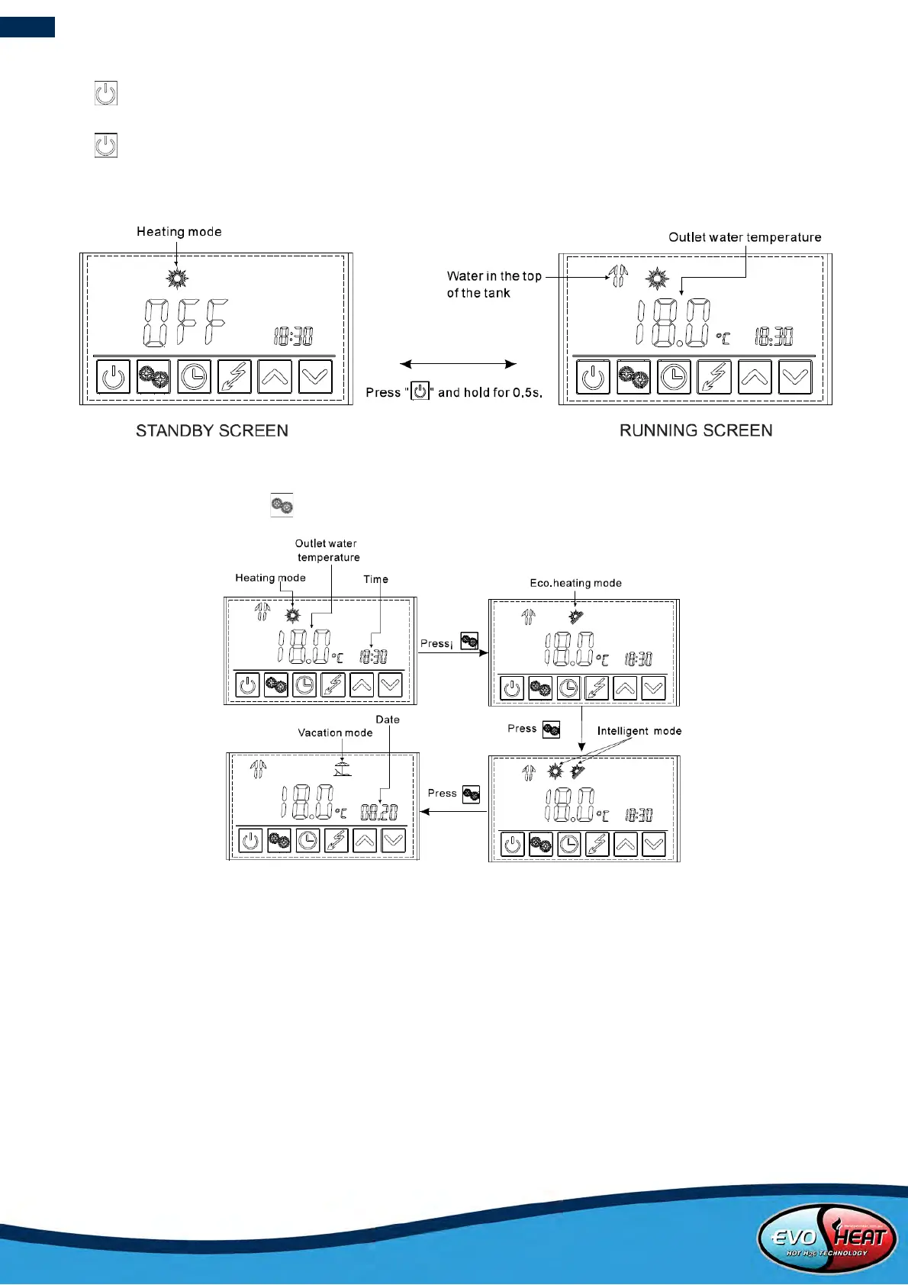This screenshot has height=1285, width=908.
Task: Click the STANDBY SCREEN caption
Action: (212, 431)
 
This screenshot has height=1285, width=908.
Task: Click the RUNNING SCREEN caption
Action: (696, 431)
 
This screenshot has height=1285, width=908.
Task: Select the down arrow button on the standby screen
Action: (315, 377)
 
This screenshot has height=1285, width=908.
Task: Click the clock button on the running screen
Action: (675, 377)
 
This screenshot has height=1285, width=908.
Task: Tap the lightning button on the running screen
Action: (715, 377)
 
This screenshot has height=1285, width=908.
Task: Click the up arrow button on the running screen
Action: (755, 377)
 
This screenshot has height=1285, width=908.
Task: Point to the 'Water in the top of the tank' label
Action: (494, 284)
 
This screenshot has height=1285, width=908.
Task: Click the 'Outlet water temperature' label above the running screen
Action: (745, 237)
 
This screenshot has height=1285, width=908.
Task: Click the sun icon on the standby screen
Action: (178, 279)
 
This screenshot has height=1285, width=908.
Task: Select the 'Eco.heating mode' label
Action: (575, 583)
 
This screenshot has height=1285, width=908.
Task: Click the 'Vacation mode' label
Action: (335, 733)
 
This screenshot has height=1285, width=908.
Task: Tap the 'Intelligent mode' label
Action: (639, 731)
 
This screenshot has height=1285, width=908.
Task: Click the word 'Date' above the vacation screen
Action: (388, 720)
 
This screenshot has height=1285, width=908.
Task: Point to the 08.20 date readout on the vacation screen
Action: (379, 813)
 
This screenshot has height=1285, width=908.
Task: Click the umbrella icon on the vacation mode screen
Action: (343, 768)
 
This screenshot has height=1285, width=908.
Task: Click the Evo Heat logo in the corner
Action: (827, 1237)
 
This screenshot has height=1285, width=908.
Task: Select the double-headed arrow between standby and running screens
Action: (459, 365)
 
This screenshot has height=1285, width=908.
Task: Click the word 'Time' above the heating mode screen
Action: (375, 579)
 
